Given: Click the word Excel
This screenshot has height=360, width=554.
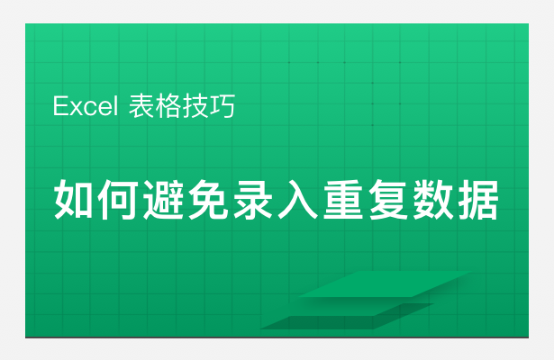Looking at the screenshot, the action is pyautogui.click(x=86, y=106).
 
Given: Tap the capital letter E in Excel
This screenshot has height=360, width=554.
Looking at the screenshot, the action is pyautogui.click(x=59, y=106).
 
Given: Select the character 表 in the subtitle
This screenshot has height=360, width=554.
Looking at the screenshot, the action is pyautogui.click(x=141, y=106).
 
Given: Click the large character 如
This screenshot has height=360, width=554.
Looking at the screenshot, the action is pyautogui.click(x=74, y=199).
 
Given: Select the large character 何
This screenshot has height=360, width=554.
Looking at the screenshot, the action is pyautogui.click(x=118, y=200).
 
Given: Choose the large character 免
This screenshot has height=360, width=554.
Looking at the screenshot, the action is pyautogui.click(x=208, y=200).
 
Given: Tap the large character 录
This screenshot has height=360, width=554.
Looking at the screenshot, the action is pyautogui.click(x=253, y=200).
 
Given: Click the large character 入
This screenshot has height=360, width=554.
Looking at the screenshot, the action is pyautogui.click(x=298, y=200).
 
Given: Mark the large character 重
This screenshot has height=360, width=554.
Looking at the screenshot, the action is pyautogui.click(x=343, y=200).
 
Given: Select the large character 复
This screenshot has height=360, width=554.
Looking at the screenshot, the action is pyautogui.click(x=388, y=200).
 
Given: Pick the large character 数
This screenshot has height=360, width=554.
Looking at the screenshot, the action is pyautogui.click(x=433, y=200).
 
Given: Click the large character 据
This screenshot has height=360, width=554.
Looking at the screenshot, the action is pyautogui.click(x=478, y=200).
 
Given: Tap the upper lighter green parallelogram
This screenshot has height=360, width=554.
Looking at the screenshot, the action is pyautogui.click(x=385, y=284).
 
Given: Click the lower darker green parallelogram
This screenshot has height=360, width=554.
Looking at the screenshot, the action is pyautogui.click(x=348, y=316).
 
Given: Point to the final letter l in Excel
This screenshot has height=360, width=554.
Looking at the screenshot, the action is pyautogui.click(x=115, y=106).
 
